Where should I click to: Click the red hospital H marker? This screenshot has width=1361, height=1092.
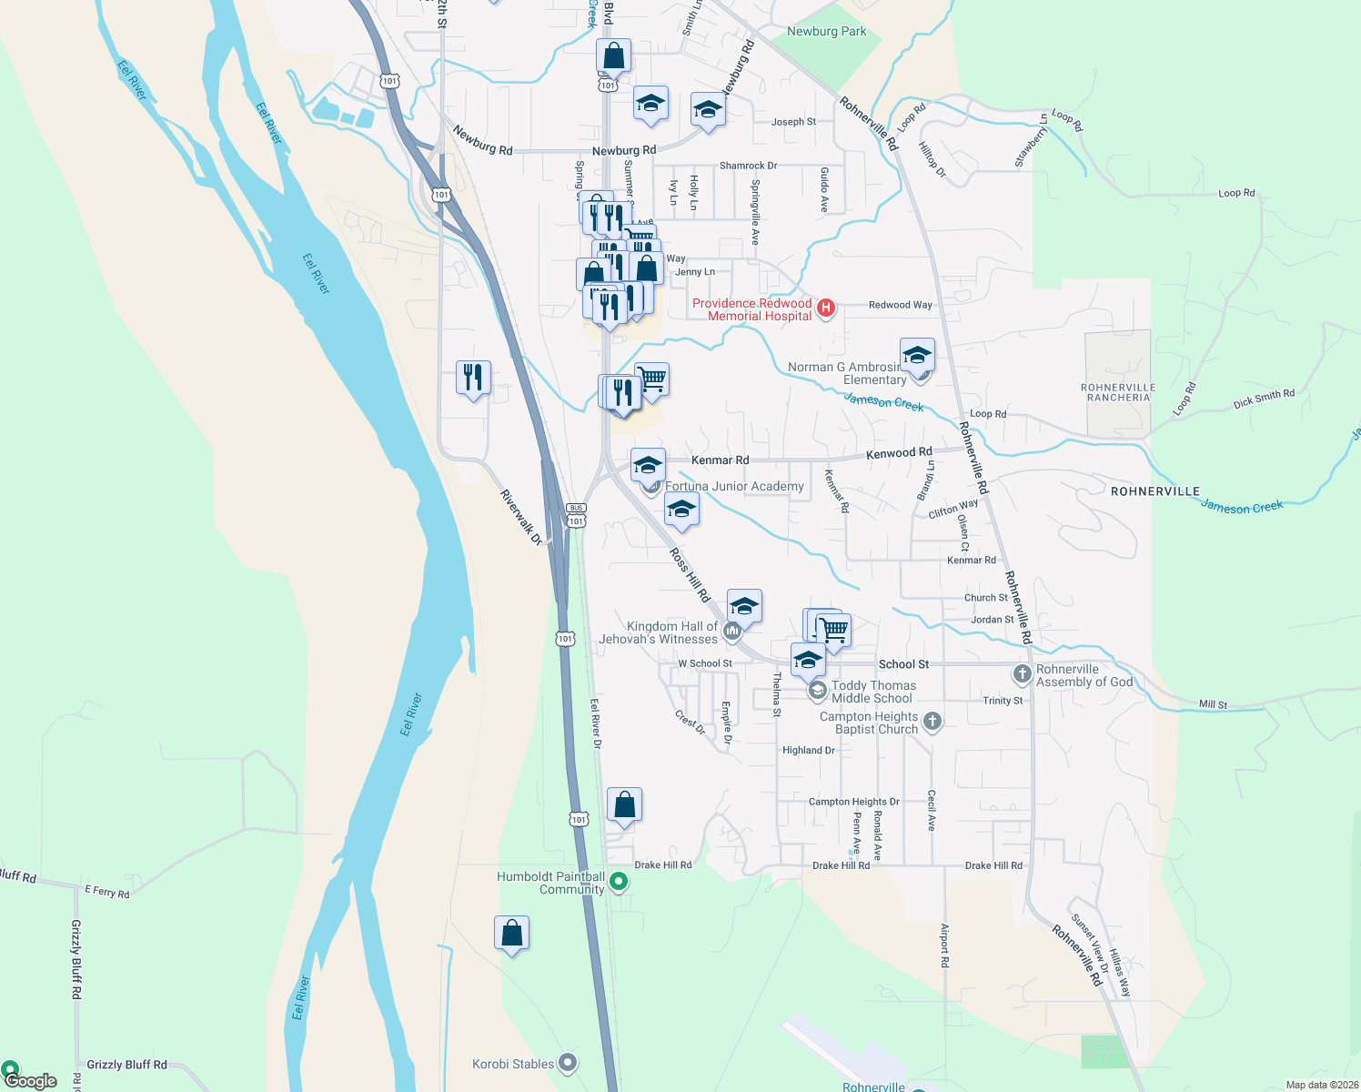tap(826, 308)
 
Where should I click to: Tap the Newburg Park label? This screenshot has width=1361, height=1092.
tap(826, 31)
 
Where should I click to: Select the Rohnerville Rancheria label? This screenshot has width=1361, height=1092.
tap(1118, 392)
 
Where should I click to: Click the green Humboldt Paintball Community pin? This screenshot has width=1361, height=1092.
tap(619, 881)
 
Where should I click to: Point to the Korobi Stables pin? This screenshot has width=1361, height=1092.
tap(568, 1063)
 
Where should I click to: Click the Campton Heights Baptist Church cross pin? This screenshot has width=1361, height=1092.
tap(932, 722)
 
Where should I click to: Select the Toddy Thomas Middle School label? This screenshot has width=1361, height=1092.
tap(872, 692)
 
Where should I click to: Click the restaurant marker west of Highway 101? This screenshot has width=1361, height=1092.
tap(473, 377)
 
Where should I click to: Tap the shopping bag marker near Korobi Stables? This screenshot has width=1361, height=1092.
tap(511, 933)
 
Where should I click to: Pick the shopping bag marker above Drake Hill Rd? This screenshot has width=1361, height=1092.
tap(624, 804)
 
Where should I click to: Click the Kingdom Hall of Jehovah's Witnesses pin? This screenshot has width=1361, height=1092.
tap(732, 631)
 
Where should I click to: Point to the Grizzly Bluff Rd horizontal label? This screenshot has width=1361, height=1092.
tap(126, 1064)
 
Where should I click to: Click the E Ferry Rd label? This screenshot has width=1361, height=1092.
tap(107, 892)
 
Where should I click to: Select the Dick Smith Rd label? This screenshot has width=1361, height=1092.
tap(1264, 399)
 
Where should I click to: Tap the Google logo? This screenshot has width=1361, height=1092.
tap(29, 1081)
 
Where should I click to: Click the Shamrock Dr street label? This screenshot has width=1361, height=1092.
tap(748, 166)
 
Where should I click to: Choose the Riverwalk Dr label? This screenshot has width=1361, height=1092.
tap(520, 518)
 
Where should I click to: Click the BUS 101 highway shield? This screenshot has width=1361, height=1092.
tap(576, 516)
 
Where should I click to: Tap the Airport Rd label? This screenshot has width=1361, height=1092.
tap(944, 946)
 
